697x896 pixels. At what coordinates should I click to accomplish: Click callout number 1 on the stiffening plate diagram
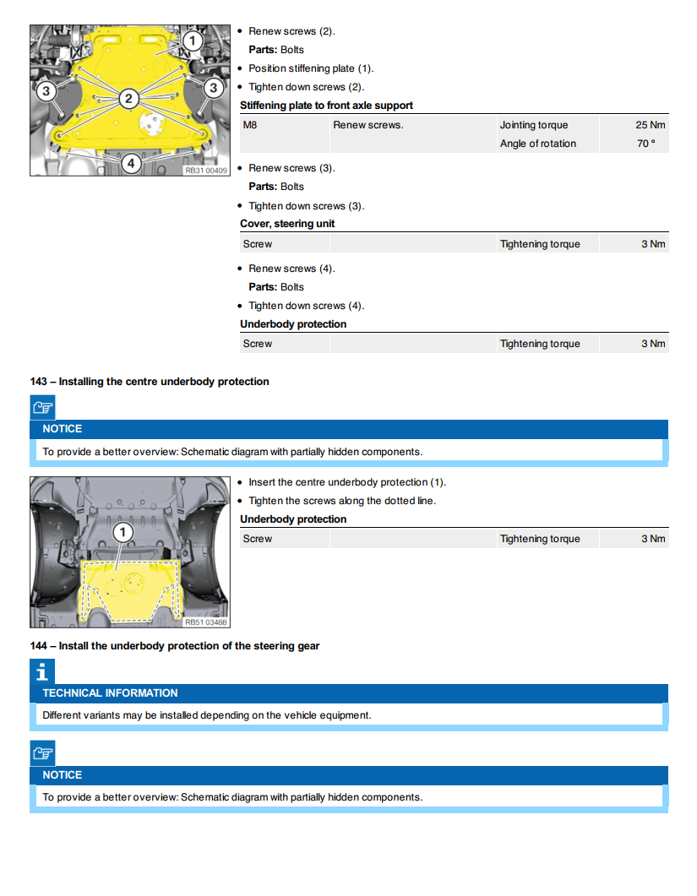[192, 41]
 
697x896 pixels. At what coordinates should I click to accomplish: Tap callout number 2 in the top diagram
[128, 99]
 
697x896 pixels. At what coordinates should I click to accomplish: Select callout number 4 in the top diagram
[130, 162]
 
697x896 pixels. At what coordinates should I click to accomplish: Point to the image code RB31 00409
[206, 170]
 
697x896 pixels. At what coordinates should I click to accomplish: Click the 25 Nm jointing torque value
[651, 125]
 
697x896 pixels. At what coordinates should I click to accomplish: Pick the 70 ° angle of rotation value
[645, 144]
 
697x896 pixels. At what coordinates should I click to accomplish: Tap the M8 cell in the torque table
[250, 125]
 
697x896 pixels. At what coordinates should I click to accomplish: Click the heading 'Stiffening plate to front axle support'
[326, 106]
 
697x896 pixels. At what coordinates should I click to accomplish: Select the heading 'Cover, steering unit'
[287, 224]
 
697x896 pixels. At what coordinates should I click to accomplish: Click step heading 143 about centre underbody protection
[150, 382]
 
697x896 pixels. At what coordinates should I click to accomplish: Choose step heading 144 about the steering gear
[175, 646]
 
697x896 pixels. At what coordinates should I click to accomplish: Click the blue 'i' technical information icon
[41, 671]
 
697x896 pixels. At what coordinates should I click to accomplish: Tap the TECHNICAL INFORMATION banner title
[110, 693]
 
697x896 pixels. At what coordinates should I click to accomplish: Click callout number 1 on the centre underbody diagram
[123, 531]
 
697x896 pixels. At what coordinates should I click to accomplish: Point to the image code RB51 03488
[206, 622]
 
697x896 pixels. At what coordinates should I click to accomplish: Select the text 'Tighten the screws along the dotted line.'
[342, 501]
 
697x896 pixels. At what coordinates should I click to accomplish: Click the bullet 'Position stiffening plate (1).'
[311, 68]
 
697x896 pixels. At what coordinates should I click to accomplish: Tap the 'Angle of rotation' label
[537, 144]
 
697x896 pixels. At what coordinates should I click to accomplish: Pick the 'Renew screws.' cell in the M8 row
[368, 125]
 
